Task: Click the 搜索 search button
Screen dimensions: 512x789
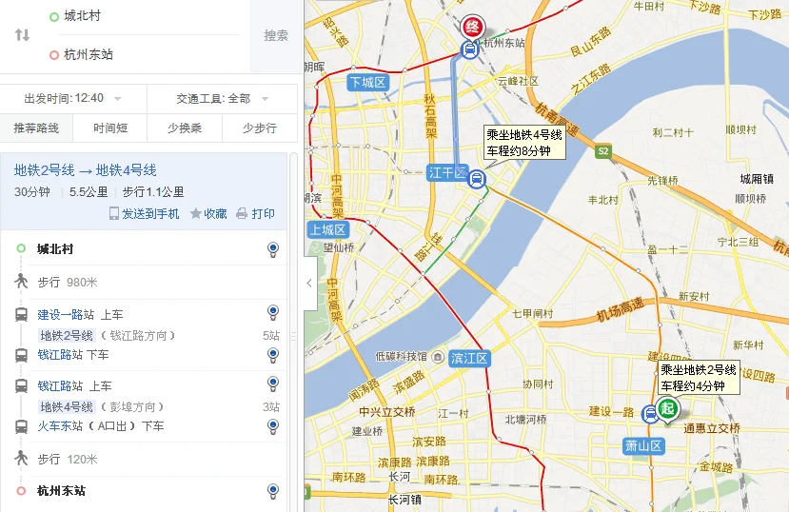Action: pyautogui.click(x=276, y=35)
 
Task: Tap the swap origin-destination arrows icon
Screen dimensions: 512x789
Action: pyautogui.click(x=22, y=35)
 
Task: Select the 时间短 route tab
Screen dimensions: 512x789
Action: pyautogui.click(x=110, y=128)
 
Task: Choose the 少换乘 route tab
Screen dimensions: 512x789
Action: pyautogui.click(x=185, y=128)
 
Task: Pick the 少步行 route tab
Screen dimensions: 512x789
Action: pyautogui.click(x=259, y=128)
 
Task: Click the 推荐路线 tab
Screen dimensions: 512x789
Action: pyautogui.click(x=36, y=128)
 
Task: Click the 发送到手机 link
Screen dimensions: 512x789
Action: pyautogui.click(x=145, y=214)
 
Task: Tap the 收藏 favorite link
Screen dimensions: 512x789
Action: pyautogui.click(x=208, y=214)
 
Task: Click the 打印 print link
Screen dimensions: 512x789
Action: pyautogui.click(x=256, y=214)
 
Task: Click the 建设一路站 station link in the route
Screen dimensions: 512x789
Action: pyautogui.click(x=66, y=315)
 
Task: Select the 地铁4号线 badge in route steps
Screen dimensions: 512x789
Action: pyautogui.click(x=66, y=407)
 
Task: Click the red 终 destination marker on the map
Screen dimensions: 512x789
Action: pyautogui.click(x=472, y=26)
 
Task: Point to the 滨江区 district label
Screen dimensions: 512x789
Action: pyautogui.click(x=469, y=359)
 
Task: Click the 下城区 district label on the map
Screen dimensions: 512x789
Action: pyautogui.click(x=367, y=83)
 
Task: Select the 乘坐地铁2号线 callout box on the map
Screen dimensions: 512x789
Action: pyautogui.click(x=699, y=378)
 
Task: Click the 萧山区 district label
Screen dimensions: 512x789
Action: pyautogui.click(x=642, y=445)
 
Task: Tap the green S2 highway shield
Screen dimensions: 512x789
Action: pyautogui.click(x=602, y=151)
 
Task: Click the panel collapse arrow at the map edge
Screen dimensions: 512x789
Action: pyautogui.click(x=308, y=283)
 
